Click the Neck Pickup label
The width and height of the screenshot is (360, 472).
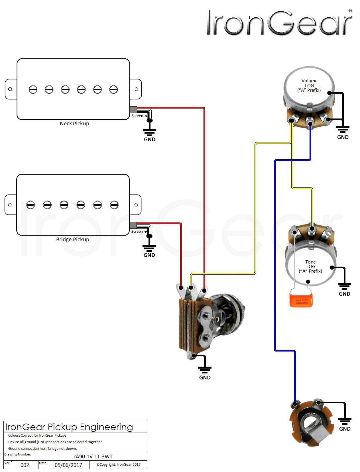tap(74, 123)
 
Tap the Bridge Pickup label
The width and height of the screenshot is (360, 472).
tap(72, 239)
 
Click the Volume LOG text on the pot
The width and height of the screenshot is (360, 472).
tap(309, 85)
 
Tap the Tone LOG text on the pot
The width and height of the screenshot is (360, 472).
tap(310, 266)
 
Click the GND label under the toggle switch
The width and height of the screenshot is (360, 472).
tap(205, 377)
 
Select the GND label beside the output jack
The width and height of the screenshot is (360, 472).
tap(345, 429)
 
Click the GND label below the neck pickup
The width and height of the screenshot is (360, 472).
tap(149, 139)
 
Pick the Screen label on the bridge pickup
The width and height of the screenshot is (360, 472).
tap(137, 231)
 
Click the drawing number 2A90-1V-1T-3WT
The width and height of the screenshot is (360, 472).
tap(93, 456)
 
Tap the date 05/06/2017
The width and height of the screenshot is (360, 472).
tap(68, 465)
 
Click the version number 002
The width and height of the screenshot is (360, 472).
tap(25, 465)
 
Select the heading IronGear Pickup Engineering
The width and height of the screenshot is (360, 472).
tap(69, 427)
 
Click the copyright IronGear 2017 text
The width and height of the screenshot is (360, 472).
tap(118, 464)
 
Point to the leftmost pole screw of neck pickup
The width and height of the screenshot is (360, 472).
tap(33, 89)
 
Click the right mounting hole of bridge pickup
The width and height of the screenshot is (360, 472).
tap(136, 205)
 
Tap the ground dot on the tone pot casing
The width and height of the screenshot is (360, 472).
tap(332, 267)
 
